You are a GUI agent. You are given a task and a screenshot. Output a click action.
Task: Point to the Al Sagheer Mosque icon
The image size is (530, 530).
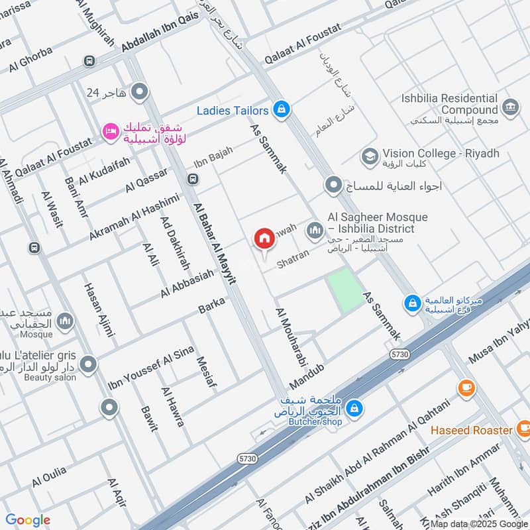(313, 231)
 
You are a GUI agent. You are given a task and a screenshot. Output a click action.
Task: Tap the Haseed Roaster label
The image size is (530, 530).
(470, 431)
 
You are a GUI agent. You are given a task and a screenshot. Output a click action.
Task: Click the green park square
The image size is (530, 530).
(345, 290)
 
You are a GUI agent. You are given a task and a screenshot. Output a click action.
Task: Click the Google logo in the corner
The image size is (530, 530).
(28, 520)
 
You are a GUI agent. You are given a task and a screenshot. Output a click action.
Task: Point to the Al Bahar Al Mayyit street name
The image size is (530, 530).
(215, 243)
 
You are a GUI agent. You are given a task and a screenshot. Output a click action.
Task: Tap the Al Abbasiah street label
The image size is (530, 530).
(187, 284)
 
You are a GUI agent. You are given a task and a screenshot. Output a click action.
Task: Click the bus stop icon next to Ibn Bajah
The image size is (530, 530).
(193, 179)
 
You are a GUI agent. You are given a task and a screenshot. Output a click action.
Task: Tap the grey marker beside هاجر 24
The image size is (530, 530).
(139, 92)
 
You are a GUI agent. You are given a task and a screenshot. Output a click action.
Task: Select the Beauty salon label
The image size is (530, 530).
(50, 378)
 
